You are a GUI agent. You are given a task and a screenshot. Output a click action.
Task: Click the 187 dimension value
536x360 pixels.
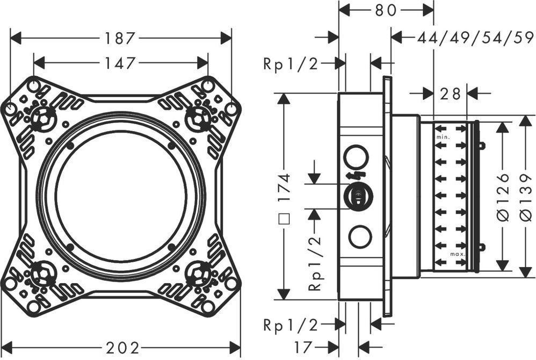click(119, 38)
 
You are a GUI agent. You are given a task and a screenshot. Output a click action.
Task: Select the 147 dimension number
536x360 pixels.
click(119, 63)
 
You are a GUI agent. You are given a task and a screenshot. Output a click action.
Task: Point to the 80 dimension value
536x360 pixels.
click(386, 9)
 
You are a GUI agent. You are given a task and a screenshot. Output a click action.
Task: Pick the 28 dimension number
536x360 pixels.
click(450, 93)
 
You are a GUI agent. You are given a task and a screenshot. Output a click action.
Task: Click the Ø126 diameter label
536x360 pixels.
click(502, 196)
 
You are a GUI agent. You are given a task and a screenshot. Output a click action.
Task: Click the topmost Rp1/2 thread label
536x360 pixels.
click(291, 64)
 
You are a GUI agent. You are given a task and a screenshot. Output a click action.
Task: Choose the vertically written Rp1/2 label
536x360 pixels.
click(315, 264)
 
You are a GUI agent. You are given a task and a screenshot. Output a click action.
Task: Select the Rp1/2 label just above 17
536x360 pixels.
click(291, 325)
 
